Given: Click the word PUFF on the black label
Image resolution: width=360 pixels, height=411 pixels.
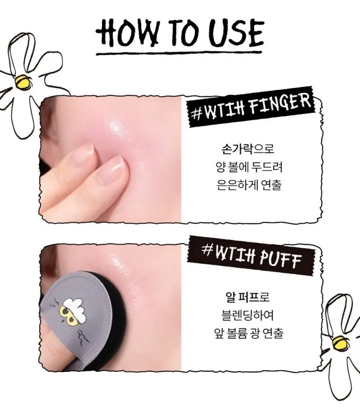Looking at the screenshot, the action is point(280,259).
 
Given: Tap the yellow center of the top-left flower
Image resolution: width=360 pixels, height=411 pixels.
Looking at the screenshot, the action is point(23,82).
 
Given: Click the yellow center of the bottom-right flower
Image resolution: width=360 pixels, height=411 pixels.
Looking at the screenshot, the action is point(340,343).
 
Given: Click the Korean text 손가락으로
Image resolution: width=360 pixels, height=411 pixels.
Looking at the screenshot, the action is point(248,149).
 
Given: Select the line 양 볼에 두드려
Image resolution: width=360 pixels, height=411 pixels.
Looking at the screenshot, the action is point(249,167).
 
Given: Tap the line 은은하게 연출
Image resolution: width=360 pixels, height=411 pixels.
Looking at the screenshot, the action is point(249,185).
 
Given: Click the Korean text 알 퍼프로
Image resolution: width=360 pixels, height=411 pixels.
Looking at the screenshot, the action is point(247,297).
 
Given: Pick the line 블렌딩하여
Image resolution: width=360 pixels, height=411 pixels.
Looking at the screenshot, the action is point(247,315).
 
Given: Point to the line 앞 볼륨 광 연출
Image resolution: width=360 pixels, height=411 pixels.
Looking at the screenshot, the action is point(249,333).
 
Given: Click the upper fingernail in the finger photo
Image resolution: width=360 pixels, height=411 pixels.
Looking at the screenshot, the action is point(83,154).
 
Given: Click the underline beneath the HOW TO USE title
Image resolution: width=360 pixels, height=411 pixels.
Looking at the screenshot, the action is point(179,53).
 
